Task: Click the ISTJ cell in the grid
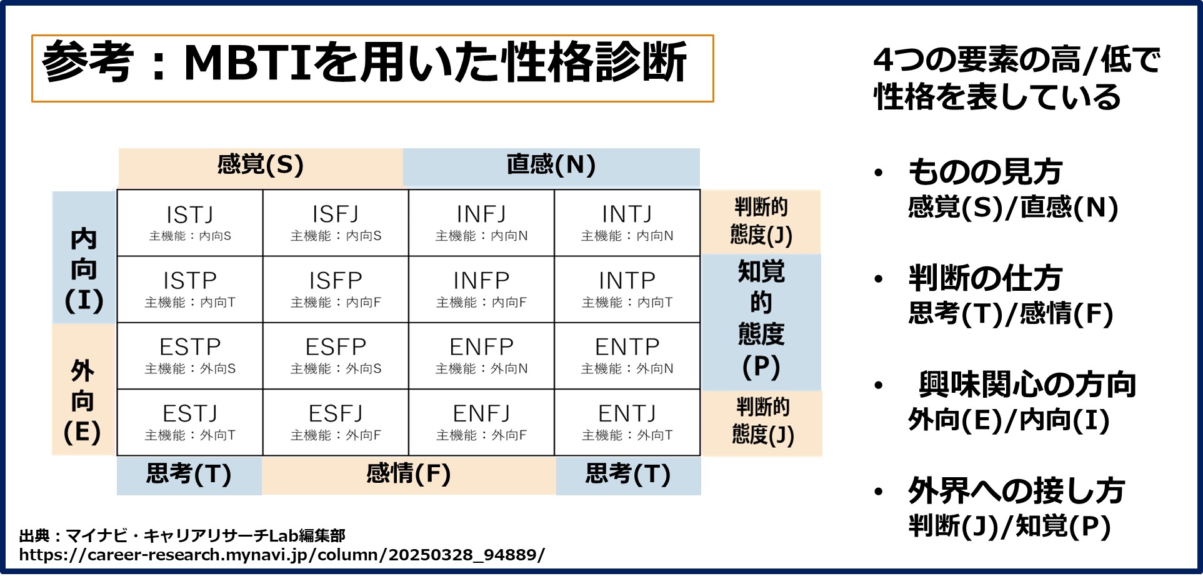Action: pyautogui.click(x=190, y=223)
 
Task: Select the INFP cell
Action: pyautogui.click(x=481, y=290)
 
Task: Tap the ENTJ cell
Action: pyautogui.click(x=627, y=422)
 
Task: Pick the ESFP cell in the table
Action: pyautogui.click(x=336, y=356)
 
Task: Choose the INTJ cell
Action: pyautogui.click(x=627, y=223)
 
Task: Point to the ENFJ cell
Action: pyautogui.click(x=481, y=422)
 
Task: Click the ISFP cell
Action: pyautogui.click(x=336, y=290)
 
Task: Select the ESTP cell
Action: pyautogui.click(x=190, y=356)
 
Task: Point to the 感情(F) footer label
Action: pyautogui.click(x=409, y=475)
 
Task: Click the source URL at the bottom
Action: pyautogui.click(x=282, y=555)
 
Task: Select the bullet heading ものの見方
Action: pyautogui.click(x=985, y=172)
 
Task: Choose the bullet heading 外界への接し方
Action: pyautogui.click(x=1016, y=491)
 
